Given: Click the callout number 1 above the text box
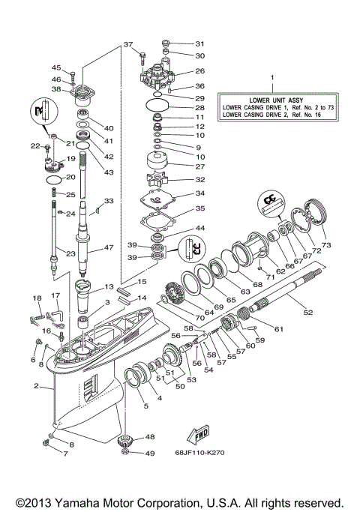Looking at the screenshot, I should click(x=272, y=77).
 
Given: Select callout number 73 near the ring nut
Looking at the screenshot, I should click(x=325, y=244).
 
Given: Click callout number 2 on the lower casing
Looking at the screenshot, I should click(x=36, y=387).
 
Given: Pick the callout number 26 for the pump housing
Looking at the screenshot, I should click(x=199, y=71).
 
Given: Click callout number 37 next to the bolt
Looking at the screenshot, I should click(x=127, y=44).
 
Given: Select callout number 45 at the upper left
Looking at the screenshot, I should click(x=55, y=68).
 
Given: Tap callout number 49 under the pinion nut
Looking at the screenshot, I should click(x=149, y=454).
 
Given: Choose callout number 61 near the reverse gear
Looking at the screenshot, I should click(x=279, y=329).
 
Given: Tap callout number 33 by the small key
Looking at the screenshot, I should click(x=109, y=201).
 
